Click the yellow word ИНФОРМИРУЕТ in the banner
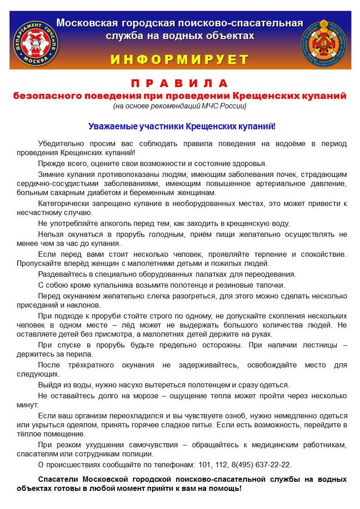tap(180, 59)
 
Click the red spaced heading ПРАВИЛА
tap(180, 84)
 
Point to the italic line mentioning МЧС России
tap(180, 106)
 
